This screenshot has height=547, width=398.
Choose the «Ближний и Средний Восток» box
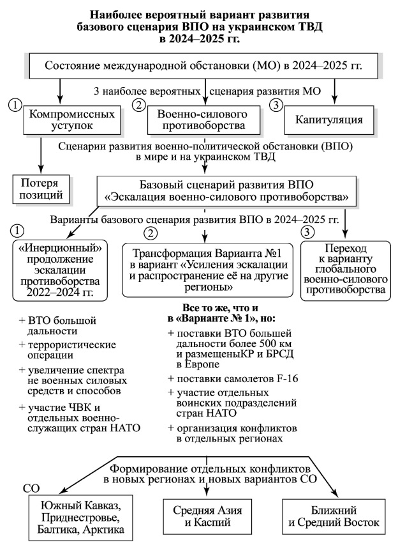click(334, 517)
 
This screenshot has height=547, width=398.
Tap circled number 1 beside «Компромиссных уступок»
click(14, 104)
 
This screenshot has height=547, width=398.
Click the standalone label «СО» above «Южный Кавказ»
click(31, 489)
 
